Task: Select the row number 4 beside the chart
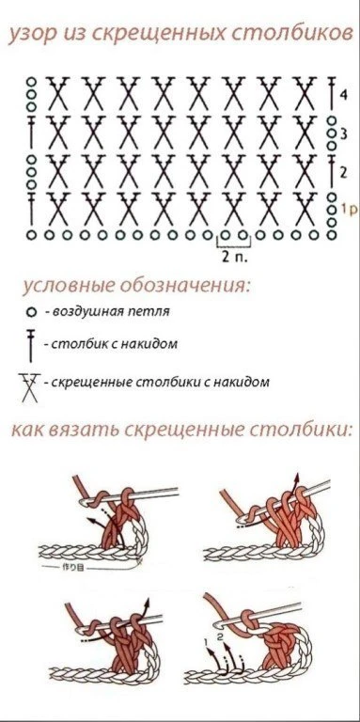pos(342,95)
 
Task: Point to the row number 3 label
pos(342,134)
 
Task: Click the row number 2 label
pos(342,173)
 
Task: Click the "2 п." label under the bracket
pos(234,257)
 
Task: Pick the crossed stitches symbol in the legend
pos(29,387)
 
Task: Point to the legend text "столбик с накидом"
pos(114,344)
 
